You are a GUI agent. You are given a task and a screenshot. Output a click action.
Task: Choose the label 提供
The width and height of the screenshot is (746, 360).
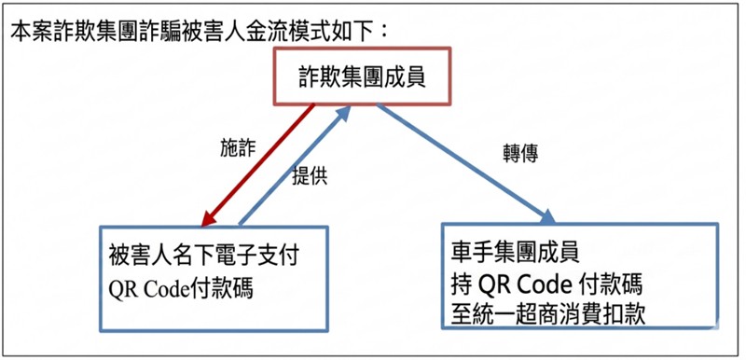pos(310,178)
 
